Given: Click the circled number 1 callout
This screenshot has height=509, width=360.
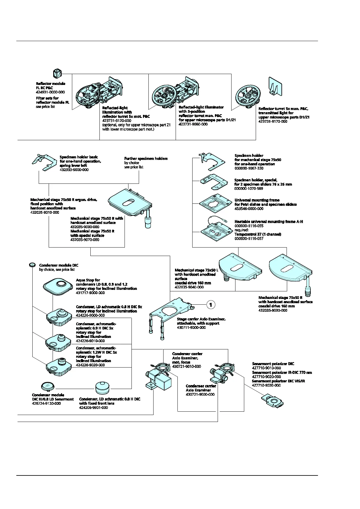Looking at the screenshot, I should [211, 304].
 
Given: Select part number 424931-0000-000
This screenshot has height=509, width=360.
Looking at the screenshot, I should [50, 92].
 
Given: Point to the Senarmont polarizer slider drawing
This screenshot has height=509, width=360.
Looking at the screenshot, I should [272, 401].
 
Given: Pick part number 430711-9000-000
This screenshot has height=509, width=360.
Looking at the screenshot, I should [191, 328].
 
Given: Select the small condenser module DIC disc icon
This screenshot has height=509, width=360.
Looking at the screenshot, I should [32, 265].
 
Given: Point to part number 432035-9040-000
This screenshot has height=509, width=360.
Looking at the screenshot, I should [189, 287].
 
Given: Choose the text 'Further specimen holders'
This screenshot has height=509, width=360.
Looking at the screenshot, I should [146, 158].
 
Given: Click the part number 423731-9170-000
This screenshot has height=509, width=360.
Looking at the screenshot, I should [273, 122].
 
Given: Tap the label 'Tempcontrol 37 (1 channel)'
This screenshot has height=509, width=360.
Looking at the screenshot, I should [258, 234].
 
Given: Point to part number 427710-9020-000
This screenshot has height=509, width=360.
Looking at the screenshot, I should [266, 377].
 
